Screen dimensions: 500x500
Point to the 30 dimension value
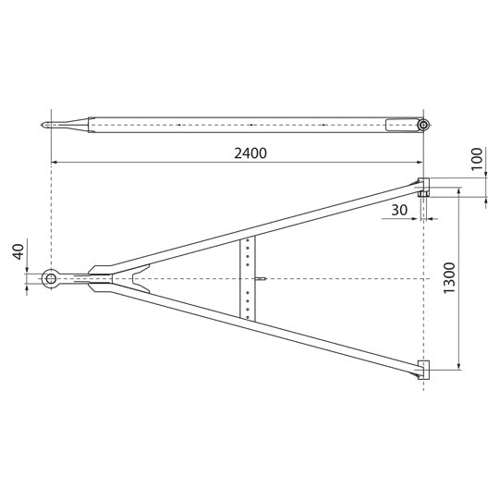pyautogui.click(x=400, y=210)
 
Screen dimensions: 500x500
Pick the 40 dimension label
pyautogui.click(x=18, y=253)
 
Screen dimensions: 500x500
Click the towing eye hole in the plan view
pyautogui.click(x=51, y=278)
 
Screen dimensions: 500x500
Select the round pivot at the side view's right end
pyautogui.click(x=423, y=125)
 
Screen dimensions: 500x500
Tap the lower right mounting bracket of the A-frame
pyautogui.click(x=423, y=370)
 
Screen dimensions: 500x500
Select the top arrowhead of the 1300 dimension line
pyautogui.click(x=459, y=192)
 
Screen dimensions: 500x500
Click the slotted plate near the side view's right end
pyautogui.click(x=402, y=124)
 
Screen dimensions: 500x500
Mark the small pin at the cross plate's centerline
pyautogui.click(x=264, y=278)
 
